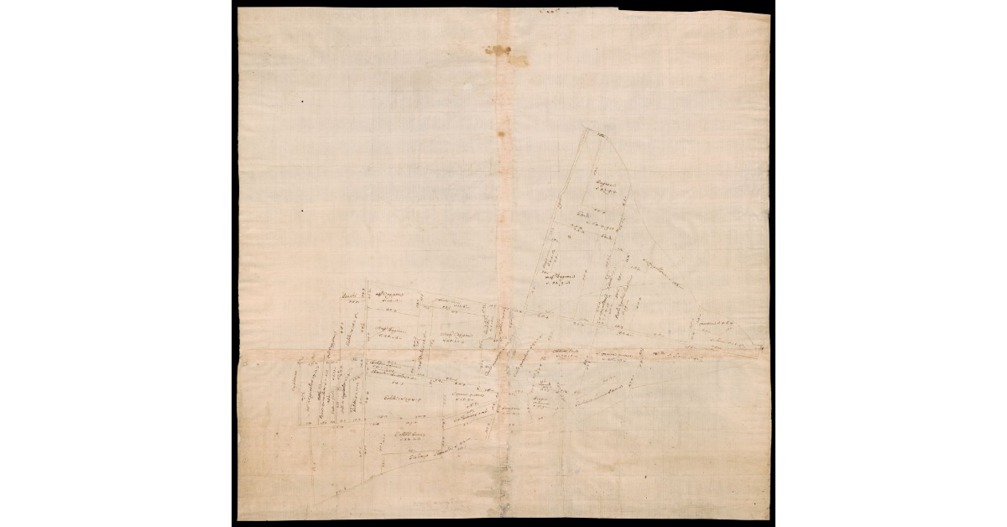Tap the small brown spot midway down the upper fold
(503, 133)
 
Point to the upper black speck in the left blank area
(302, 102)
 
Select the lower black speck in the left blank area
(301, 211)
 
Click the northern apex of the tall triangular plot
(588, 130)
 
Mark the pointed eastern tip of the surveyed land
(763, 347)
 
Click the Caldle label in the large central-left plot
(401, 397)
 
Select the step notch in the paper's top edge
(618, 11)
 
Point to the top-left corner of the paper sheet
(238, 9)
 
